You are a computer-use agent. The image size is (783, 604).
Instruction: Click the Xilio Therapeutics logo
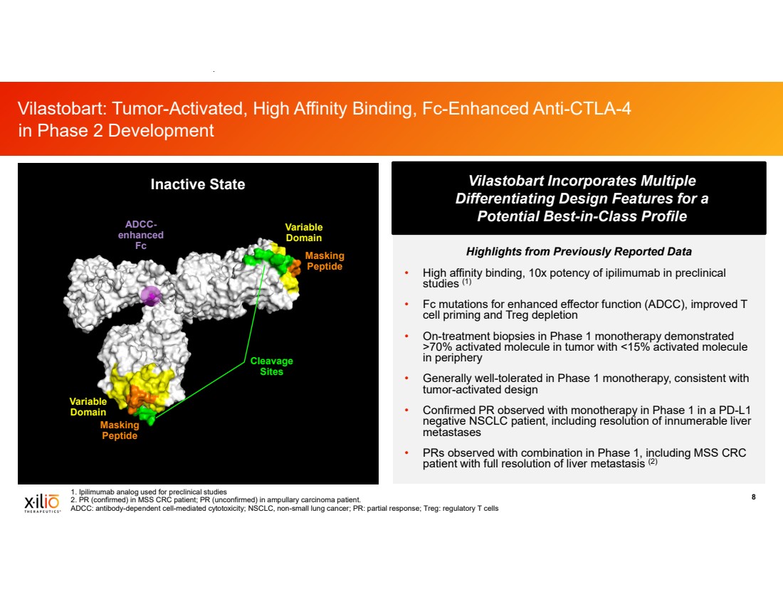pyautogui.click(x=43, y=503)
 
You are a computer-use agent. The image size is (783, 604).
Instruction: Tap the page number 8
pyautogui.click(x=754, y=497)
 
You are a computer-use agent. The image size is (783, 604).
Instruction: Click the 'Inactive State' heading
pyautogui.click(x=198, y=184)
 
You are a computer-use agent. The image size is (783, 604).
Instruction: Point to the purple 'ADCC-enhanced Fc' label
pyautogui.click(x=141, y=235)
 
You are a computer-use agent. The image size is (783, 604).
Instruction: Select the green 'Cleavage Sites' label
pyautogui.click(x=272, y=366)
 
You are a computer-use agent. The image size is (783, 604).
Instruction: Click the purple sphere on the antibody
pyautogui.click(x=150, y=296)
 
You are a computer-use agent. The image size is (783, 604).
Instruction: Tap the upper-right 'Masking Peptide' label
pyautogui.click(x=325, y=260)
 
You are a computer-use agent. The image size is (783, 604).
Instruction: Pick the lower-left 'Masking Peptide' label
pyautogui.click(x=120, y=430)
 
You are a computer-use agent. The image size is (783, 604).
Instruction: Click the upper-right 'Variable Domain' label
pyautogui.click(x=304, y=232)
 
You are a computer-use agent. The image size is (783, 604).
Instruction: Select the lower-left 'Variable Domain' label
pyautogui.click(x=88, y=406)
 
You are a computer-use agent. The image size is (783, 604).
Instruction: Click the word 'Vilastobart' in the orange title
pyautogui.click(x=61, y=108)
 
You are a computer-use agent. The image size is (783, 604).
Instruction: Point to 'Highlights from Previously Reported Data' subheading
pyautogui.click(x=579, y=251)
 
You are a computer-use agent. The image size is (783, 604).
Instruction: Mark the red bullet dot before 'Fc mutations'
pyautogui.click(x=407, y=304)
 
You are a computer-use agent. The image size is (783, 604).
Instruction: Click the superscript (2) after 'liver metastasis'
pyautogui.click(x=653, y=462)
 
